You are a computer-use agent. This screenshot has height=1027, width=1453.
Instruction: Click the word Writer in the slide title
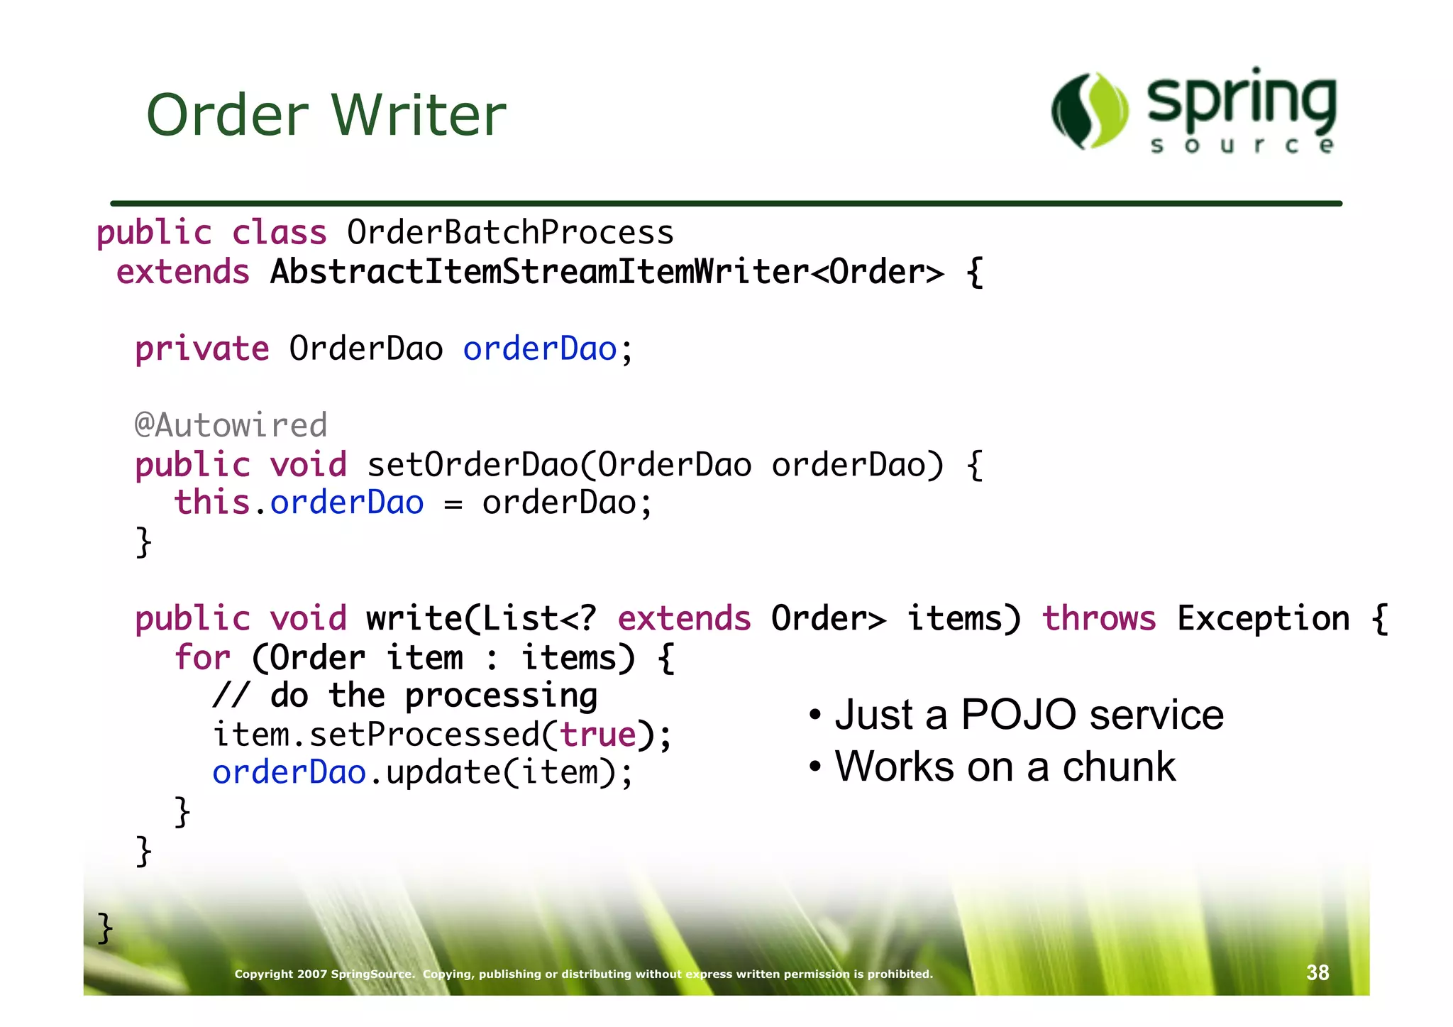coord(419,115)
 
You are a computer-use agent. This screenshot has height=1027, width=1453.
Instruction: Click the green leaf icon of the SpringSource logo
coord(1090,111)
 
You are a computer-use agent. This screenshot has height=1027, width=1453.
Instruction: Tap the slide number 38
coord(1317,972)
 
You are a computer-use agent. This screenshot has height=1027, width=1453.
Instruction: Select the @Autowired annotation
coord(231,425)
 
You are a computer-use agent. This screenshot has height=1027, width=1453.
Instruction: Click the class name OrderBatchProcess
coord(510,233)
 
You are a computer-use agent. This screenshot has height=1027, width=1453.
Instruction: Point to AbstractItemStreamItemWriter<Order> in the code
coord(607,272)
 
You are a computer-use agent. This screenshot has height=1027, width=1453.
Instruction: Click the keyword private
coord(202,349)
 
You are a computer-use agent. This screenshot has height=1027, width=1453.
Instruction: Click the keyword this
coord(211,502)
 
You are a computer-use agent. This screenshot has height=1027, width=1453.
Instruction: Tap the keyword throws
coord(1098,618)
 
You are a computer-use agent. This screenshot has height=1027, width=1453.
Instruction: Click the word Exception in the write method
coord(1263,618)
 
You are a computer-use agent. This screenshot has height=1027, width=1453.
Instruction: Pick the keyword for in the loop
coord(202,657)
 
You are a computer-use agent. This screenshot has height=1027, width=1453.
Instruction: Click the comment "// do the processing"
coord(405,696)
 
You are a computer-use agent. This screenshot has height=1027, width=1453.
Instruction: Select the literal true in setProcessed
coord(598,735)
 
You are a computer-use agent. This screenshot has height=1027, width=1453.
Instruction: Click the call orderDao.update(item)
coord(422,773)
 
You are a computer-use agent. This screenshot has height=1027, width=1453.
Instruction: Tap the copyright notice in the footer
coord(583,974)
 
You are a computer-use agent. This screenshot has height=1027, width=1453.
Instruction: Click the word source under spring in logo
coord(1242,146)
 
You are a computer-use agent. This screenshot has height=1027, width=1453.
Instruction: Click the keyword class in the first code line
coord(280,233)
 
